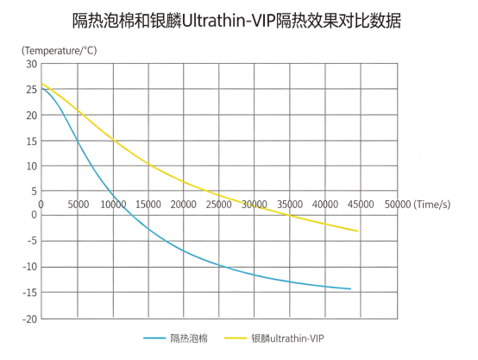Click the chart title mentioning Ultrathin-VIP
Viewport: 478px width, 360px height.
pyautogui.click(x=236, y=21)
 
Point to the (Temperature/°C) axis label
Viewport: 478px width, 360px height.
pyautogui.click(x=60, y=51)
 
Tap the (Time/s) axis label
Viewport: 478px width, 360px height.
pyautogui.click(x=432, y=204)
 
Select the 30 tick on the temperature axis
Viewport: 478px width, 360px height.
pyautogui.click(x=32, y=64)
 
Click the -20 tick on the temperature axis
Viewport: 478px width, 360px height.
pyautogui.click(x=30, y=319)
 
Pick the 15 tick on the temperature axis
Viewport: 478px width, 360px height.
pyautogui.click(x=32, y=142)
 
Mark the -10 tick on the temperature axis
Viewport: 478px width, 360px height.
pyautogui.click(x=30, y=267)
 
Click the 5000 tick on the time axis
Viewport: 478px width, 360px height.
pyautogui.click(x=79, y=205)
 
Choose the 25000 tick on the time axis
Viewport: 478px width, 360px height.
pyautogui.click(x=218, y=205)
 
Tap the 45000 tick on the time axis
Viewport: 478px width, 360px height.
pyautogui.click(x=361, y=205)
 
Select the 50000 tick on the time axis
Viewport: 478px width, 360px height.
pyautogui.click(x=398, y=205)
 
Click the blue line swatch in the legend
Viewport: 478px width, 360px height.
pyautogui.click(x=154, y=338)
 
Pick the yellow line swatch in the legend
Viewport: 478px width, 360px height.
pyautogui.click(x=236, y=338)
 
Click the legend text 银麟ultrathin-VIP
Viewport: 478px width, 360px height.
pyautogui.click(x=287, y=338)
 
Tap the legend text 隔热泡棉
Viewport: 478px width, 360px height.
pyautogui.click(x=189, y=338)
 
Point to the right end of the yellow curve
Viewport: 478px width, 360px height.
pyautogui.click(x=357, y=231)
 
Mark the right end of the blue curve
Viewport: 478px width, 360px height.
pyautogui.click(x=350, y=288)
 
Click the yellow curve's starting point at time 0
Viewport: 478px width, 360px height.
pyautogui.click(x=41, y=84)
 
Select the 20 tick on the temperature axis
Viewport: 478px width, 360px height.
pyautogui.click(x=32, y=116)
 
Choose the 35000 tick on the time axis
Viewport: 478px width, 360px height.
pyautogui.click(x=290, y=205)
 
